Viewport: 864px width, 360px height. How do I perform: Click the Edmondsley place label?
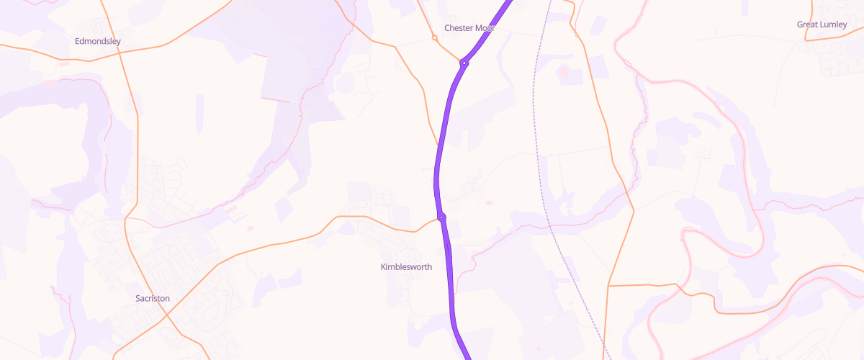[x=98, y=41]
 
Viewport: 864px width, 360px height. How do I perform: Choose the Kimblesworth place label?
[x=406, y=267]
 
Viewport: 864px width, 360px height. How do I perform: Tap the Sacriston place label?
[x=153, y=298]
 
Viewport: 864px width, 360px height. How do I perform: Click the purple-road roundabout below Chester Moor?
[x=465, y=63]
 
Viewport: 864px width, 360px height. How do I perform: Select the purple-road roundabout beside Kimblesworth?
[x=441, y=217]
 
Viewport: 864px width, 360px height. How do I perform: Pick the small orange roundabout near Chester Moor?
[x=434, y=37]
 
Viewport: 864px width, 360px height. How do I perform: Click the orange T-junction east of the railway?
[x=609, y=286]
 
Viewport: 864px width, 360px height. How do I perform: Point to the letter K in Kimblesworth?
[x=383, y=267]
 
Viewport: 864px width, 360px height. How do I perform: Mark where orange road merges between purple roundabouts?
[x=437, y=144]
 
